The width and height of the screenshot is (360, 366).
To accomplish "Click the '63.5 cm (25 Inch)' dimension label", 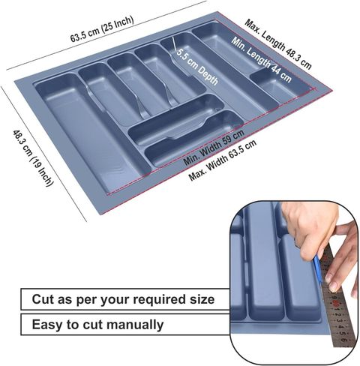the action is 102,28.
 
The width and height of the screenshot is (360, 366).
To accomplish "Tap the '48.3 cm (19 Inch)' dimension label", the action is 33,158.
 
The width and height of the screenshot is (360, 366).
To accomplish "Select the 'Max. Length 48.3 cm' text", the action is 278,44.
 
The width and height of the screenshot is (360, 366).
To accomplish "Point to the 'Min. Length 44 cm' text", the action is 261,59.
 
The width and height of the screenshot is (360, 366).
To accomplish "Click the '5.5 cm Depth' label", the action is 197,67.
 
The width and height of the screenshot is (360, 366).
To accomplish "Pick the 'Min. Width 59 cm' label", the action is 214,148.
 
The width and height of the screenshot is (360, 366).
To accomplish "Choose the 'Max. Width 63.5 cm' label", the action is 223,160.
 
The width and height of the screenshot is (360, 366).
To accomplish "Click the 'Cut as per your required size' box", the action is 125,299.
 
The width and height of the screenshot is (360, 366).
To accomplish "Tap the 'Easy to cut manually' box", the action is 125,325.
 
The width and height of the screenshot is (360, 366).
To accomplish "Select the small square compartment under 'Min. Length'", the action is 280,84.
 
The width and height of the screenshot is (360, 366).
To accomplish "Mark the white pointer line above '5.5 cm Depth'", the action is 174,43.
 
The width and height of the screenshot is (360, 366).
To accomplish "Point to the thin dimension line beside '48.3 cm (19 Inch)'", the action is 44,154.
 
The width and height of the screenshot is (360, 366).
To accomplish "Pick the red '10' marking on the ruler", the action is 336,304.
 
